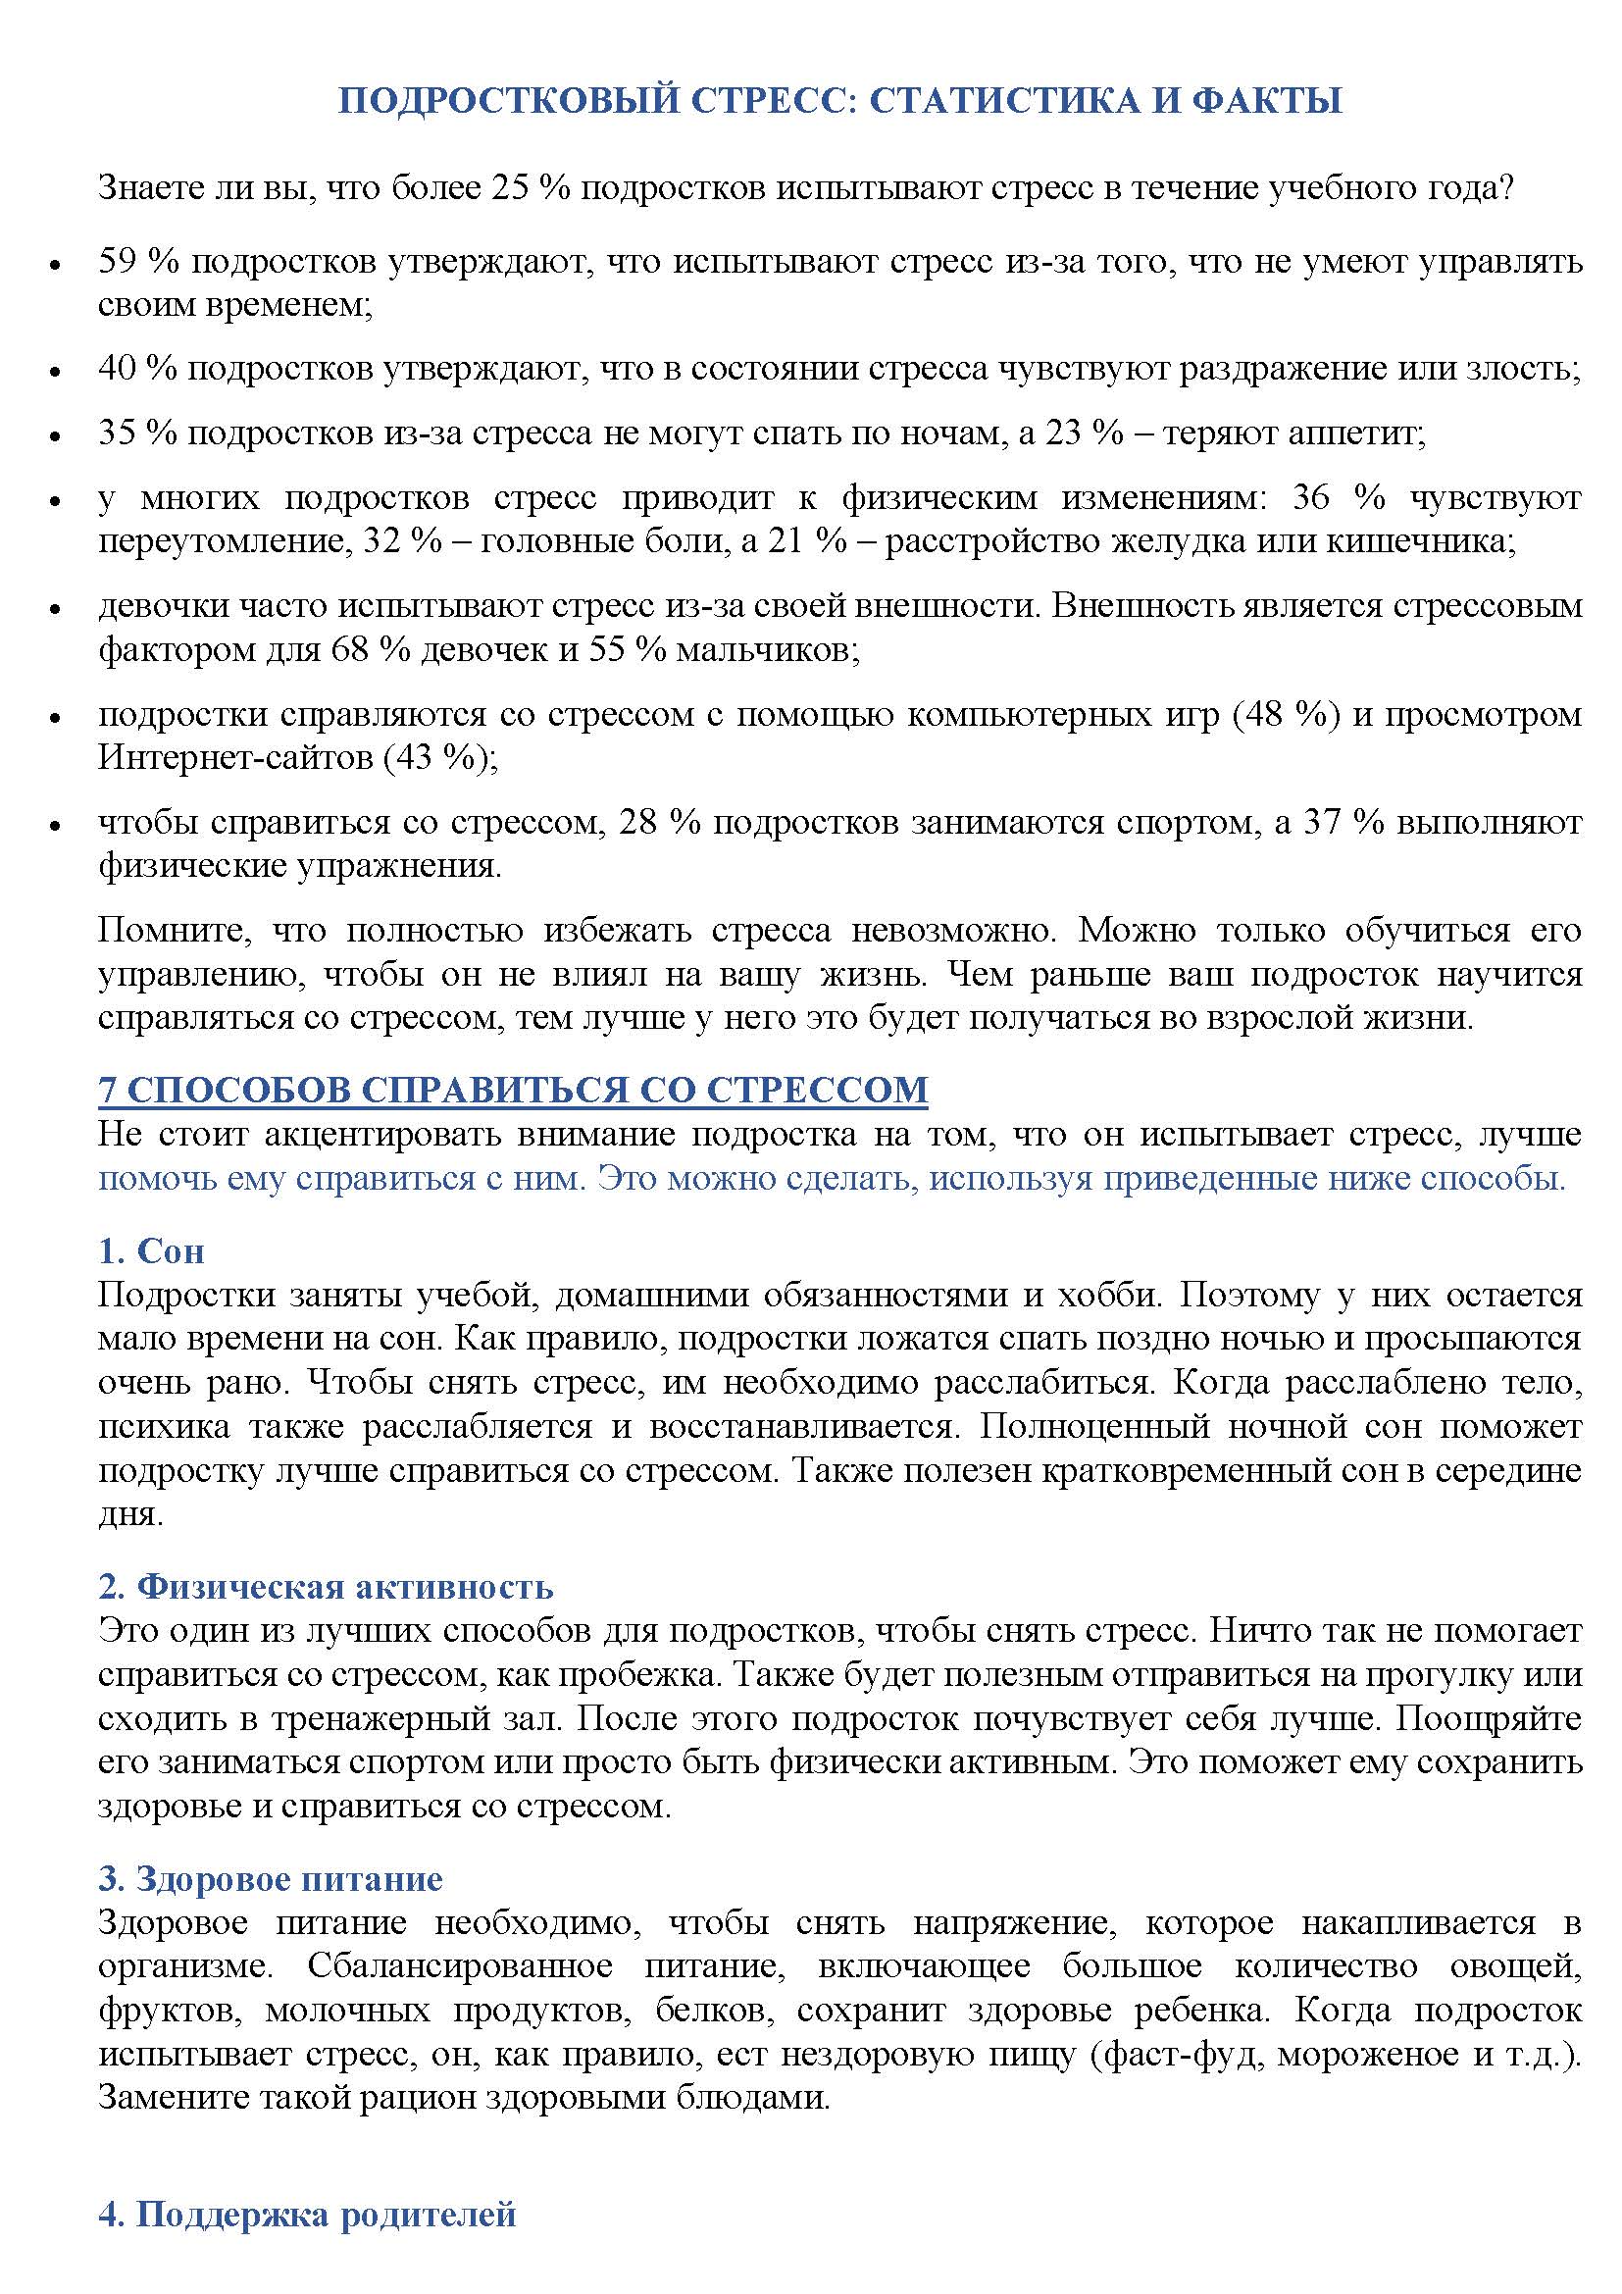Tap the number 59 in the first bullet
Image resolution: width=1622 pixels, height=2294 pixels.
118,261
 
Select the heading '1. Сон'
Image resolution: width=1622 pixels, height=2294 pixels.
151,1249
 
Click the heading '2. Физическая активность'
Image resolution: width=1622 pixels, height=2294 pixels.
326,1586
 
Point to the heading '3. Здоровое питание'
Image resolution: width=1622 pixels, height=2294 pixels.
271,1878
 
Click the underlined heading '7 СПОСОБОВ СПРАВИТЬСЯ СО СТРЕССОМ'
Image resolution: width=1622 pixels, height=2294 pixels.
512,1089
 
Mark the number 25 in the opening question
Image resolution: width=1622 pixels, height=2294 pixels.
509,187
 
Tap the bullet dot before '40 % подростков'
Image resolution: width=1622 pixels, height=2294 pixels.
56,372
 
